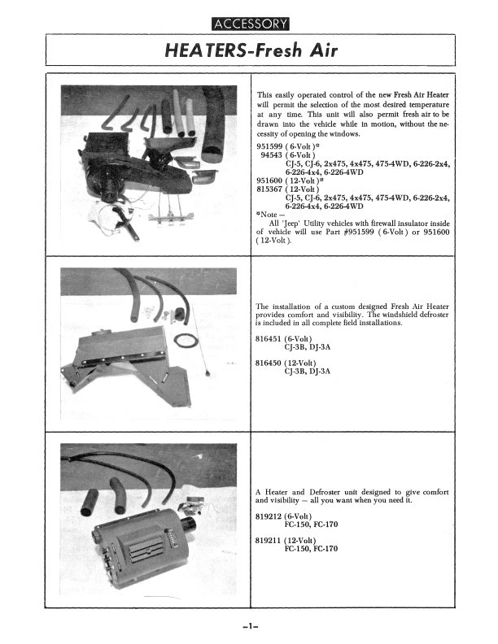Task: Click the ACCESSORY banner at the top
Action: pos(249,23)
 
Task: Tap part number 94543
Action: pos(273,154)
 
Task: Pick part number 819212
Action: pos(270,516)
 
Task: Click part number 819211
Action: pos(270,541)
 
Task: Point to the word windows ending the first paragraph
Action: pos(332,133)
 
